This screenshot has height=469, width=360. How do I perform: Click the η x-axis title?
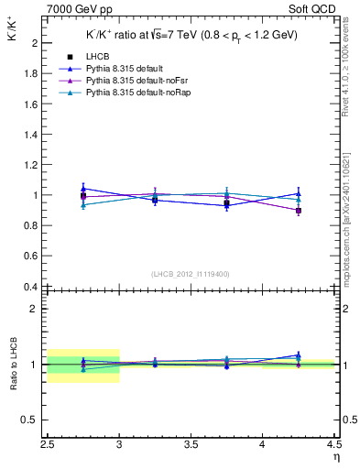[x=335, y=455]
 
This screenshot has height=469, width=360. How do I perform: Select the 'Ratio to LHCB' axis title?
[x=14, y=365]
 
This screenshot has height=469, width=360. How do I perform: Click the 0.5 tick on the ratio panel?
[x=32, y=420]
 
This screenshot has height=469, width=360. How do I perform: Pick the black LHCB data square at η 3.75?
[x=226, y=203]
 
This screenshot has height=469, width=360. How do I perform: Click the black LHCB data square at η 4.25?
[x=299, y=211]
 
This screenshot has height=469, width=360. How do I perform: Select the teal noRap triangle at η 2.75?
[x=83, y=205]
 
